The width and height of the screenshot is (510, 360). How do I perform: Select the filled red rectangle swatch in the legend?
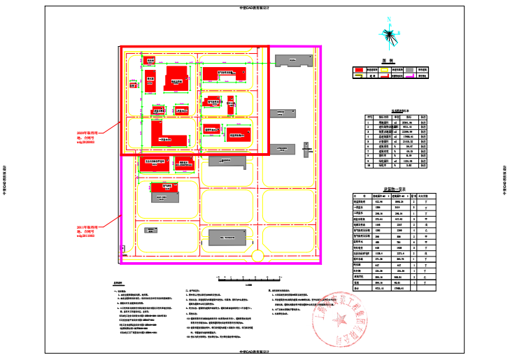click(358, 70)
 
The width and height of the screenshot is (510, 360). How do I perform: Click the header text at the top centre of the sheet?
click(255, 8)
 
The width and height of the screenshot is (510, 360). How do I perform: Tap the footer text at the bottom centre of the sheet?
click(255, 352)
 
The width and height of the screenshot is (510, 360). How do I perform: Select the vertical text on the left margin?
click(6, 180)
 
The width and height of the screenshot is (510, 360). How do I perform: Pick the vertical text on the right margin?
click(504, 180)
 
